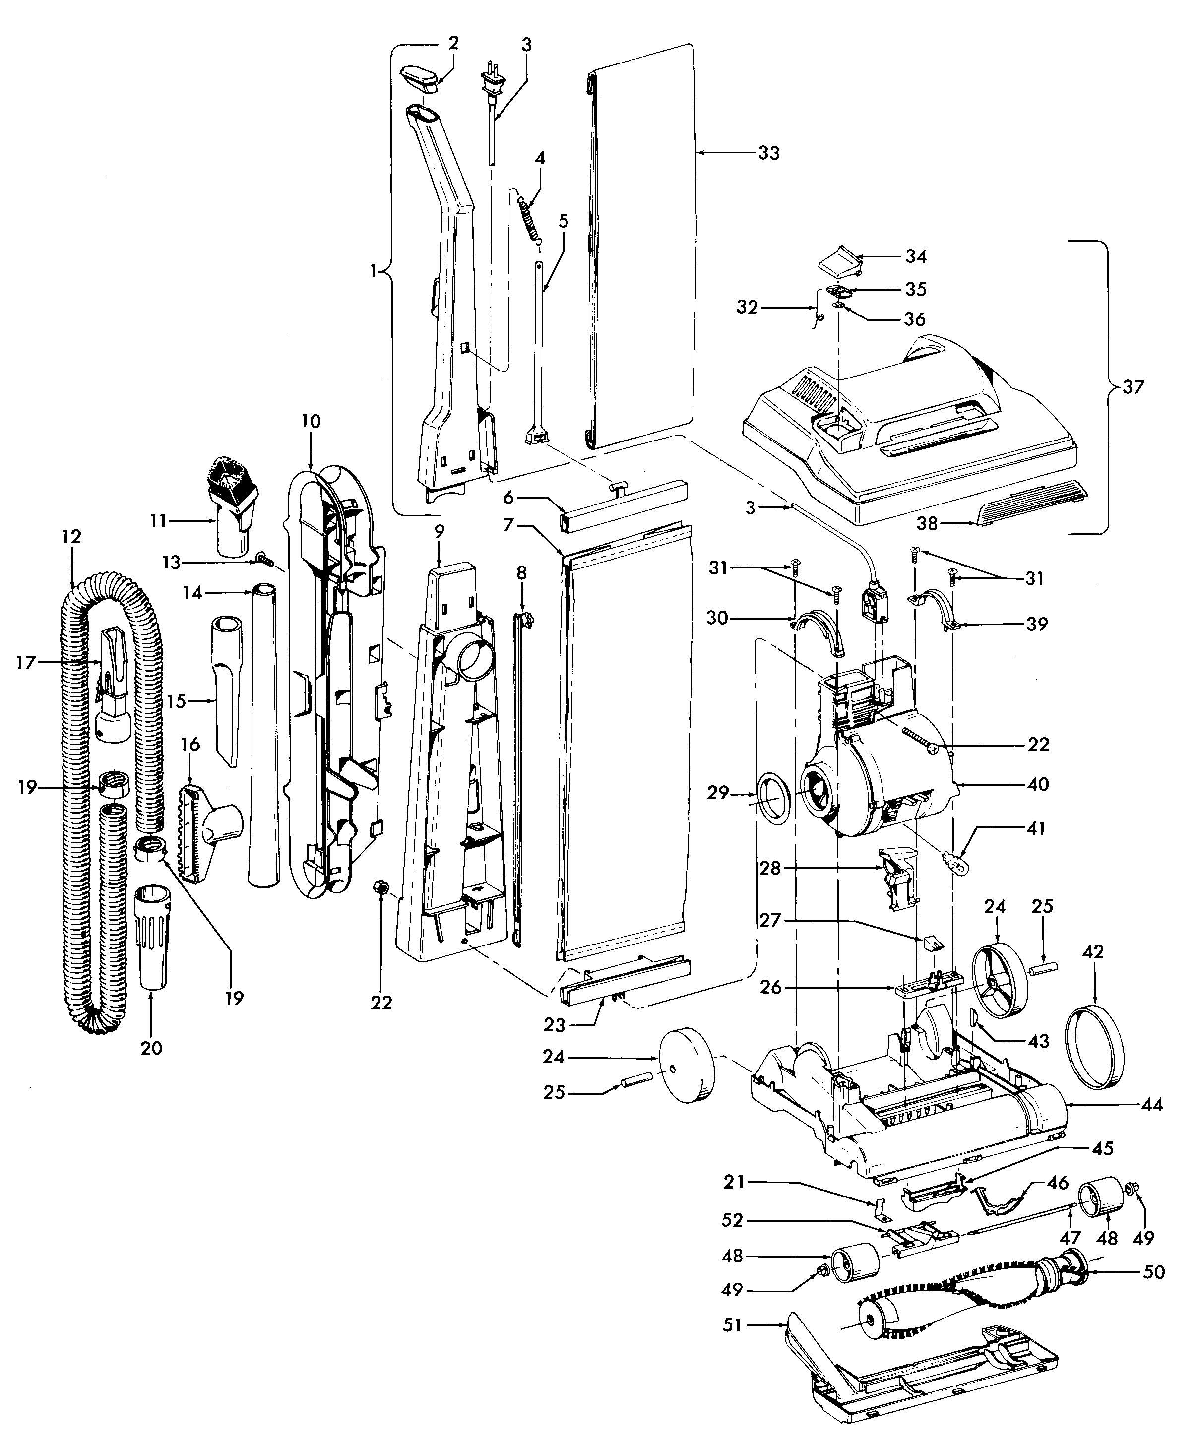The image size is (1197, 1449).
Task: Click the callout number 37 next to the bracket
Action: pyautogui.click(x=1133, y=387)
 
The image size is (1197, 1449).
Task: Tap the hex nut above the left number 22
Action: pyautogui.click(x=378, y=886)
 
